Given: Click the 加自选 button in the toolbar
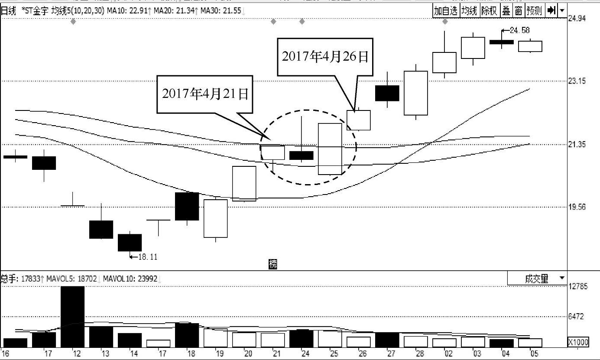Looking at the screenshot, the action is [446, 11].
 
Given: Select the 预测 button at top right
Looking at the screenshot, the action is [534, 11].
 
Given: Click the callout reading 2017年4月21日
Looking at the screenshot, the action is [205, 94].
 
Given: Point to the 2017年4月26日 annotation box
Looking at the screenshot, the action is [325, 57].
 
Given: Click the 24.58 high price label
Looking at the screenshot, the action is [520, 30].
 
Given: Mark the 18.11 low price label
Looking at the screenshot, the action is [147, 257].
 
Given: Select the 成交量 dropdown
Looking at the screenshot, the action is [537, 279].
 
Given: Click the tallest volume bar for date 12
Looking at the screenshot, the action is [72, 316].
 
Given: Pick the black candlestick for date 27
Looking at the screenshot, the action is [387, 93].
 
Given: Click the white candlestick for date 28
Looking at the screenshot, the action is [415, 93].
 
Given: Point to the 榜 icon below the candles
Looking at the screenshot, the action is [272, 264].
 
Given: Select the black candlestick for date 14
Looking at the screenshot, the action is [130, 242].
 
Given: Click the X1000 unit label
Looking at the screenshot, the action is [578, 342].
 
